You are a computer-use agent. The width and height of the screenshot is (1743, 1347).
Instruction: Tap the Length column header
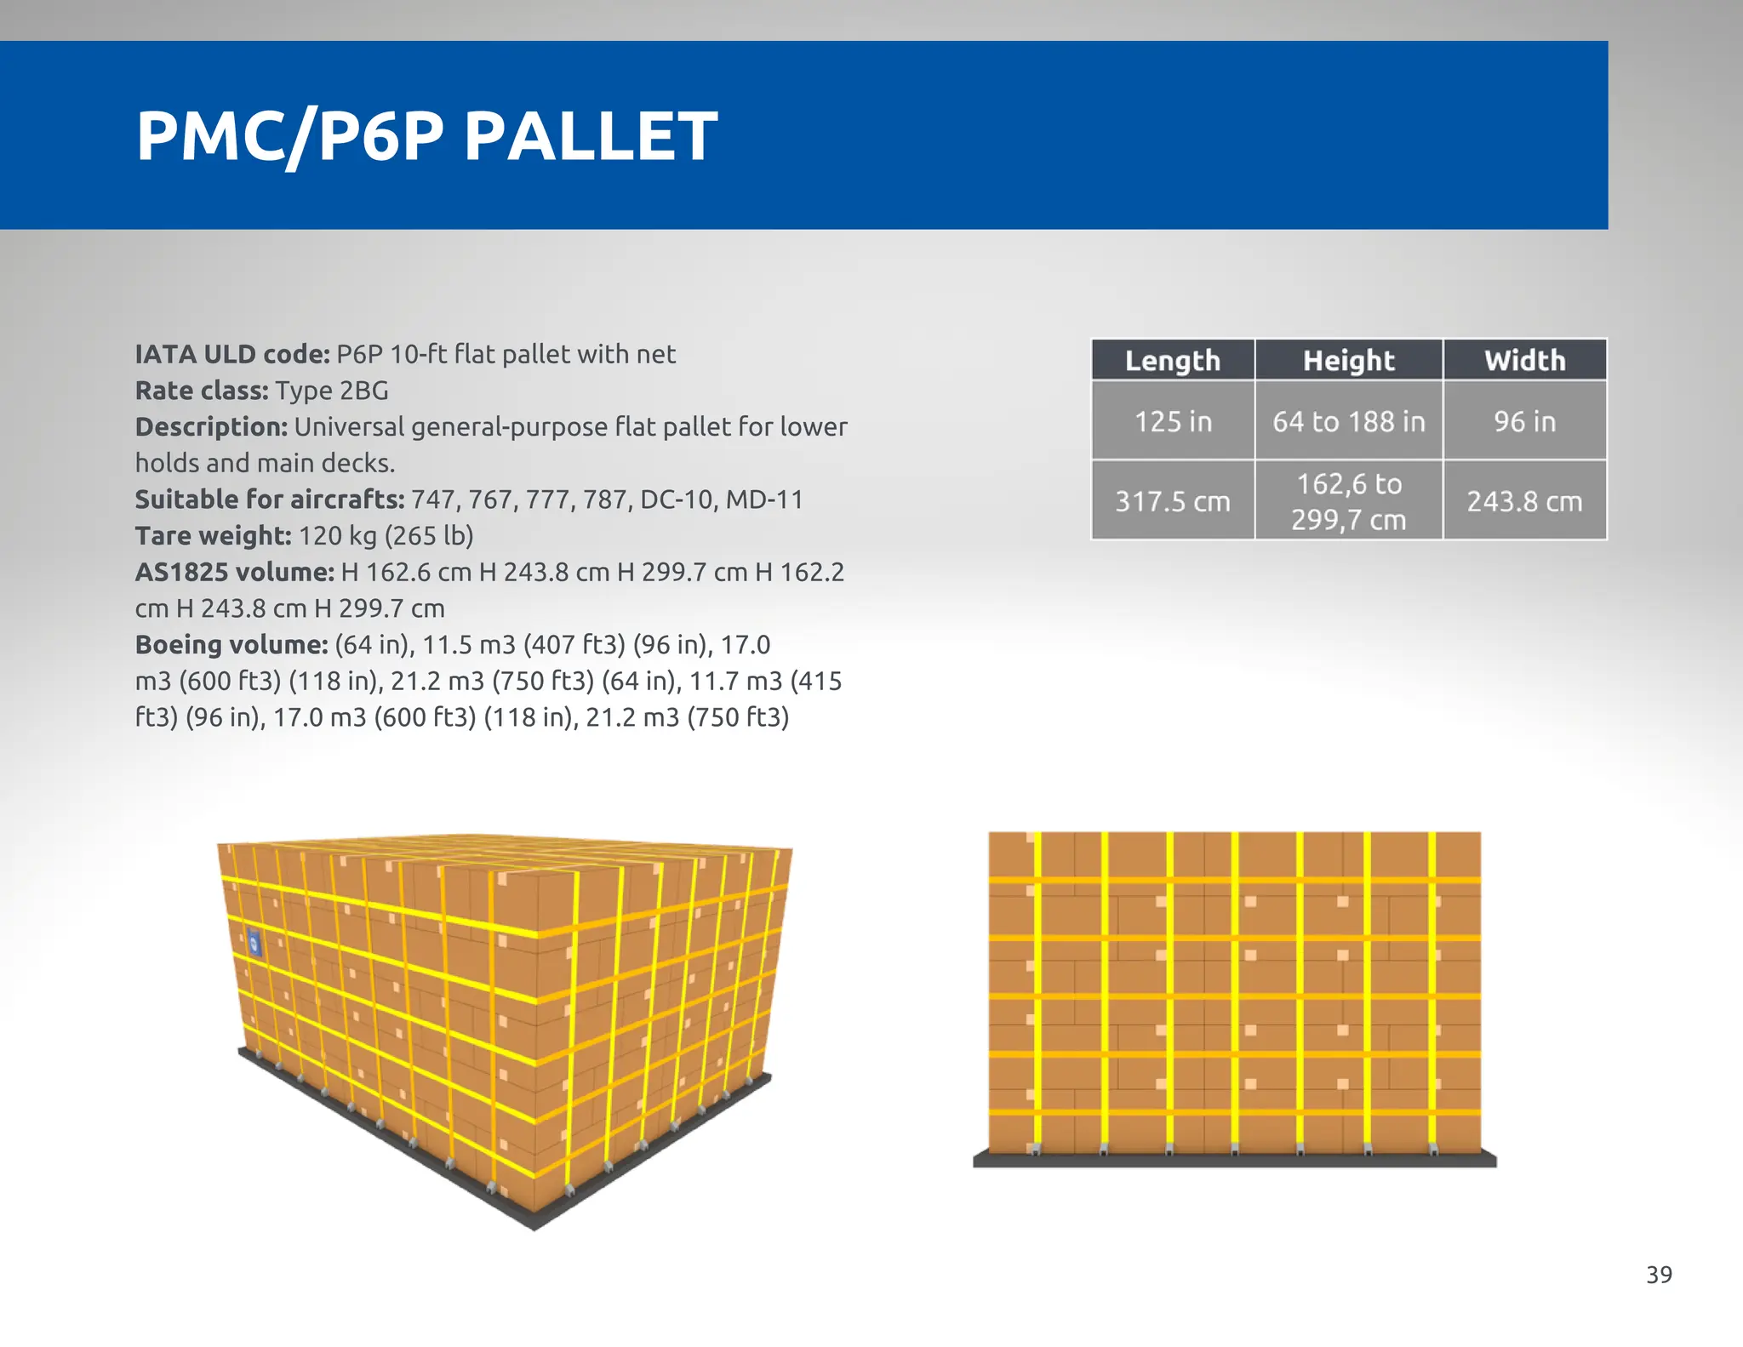tap(1173, 360)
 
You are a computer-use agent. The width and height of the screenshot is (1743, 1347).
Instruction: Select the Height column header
tap(1349, 360)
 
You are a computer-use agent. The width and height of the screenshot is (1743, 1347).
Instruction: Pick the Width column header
tap(1525, 360)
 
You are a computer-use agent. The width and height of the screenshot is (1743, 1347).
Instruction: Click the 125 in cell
tap(1173, 421)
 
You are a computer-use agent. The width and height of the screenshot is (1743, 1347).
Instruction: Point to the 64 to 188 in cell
tap(1349, 421)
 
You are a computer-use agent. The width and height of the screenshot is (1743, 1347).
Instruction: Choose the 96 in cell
tap(1525, 421)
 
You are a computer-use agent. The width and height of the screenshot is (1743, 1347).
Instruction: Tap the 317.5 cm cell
tap(1173, 501)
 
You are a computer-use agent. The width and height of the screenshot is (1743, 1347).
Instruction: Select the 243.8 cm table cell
tap(1525, 501)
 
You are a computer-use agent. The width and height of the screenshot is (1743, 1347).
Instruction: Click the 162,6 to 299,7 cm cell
tap(1349, 501)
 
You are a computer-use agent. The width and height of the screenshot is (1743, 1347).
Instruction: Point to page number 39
tap(1659, 1275)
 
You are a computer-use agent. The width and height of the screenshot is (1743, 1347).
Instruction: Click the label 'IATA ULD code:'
tap(232, 354)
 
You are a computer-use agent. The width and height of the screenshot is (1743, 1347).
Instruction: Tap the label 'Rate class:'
tap(202, 391)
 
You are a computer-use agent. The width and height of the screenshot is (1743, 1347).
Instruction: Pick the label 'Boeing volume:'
tap(231, 644)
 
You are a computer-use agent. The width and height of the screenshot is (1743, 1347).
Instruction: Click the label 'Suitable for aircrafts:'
tap(270, 499)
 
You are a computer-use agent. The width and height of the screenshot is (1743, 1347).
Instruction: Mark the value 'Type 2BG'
tap(332, 391)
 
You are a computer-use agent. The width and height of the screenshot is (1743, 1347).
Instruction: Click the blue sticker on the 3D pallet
tap(254, 944)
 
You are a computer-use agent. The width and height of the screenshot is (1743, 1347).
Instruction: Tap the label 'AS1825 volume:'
tap(235, 572)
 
